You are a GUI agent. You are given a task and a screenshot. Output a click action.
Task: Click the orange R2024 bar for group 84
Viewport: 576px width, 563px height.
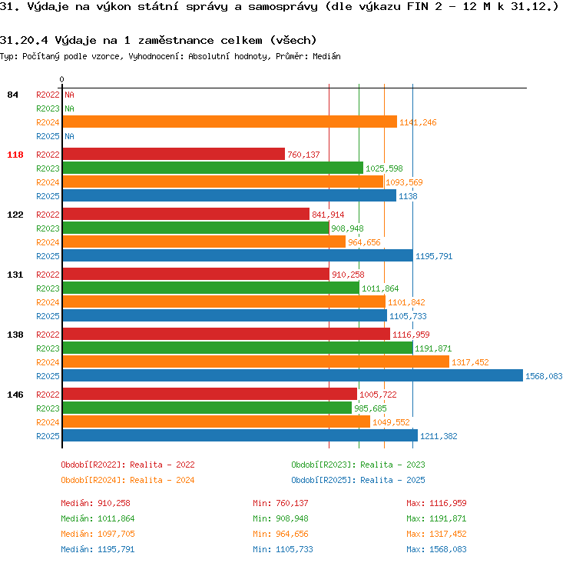230,122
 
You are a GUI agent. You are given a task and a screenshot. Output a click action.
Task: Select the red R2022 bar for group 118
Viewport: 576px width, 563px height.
174,154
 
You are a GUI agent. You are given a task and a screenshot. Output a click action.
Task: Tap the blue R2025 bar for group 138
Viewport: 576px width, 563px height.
293,375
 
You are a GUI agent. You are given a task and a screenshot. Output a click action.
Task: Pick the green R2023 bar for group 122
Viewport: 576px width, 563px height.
196,228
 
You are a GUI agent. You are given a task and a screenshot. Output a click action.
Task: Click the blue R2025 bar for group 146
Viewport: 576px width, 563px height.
240,435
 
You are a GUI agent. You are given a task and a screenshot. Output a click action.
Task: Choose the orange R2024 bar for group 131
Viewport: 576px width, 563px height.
224,301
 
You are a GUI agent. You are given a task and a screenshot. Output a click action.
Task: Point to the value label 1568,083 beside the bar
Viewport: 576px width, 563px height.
544,376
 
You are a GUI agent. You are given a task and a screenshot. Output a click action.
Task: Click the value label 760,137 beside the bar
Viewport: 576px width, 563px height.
303,155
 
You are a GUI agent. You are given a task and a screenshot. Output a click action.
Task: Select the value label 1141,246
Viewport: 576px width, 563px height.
418,122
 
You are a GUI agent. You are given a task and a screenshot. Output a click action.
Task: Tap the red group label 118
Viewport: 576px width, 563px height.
15,155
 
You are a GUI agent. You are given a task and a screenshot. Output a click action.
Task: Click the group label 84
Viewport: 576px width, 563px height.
12,95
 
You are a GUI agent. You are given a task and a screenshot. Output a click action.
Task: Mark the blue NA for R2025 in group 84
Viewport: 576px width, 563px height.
69,136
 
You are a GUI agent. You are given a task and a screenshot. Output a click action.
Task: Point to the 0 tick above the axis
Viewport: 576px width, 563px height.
61,79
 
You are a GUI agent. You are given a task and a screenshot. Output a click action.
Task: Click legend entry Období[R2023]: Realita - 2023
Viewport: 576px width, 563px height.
358,465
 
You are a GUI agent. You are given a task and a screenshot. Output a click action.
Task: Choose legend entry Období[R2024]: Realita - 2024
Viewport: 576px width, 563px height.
127,480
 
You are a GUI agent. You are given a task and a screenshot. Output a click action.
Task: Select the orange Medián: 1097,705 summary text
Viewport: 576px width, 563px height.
98,534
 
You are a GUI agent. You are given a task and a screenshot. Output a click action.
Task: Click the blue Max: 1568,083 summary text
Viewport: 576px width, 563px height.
436,549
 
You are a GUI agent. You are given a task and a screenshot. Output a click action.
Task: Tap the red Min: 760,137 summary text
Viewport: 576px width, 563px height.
280,503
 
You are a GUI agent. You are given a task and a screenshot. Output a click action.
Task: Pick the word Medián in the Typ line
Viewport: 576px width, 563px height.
326,56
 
